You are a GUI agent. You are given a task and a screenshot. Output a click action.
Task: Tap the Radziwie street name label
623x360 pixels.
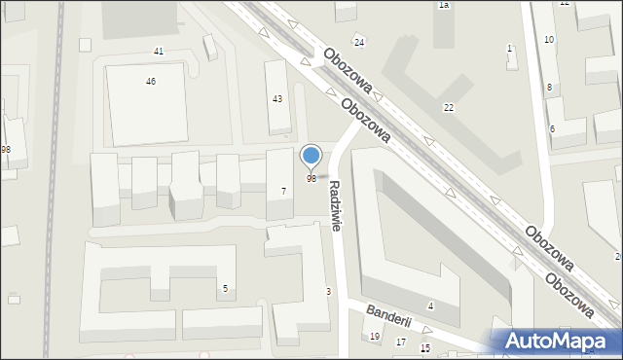click(336, 204)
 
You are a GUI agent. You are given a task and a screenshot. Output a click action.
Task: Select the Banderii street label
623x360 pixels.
click(389, 319)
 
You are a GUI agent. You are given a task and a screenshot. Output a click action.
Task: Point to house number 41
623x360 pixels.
click(159, 51)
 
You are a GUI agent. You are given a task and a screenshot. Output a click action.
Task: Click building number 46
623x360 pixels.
click(151, 82)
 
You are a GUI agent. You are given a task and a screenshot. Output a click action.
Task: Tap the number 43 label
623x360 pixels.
click(277, 99)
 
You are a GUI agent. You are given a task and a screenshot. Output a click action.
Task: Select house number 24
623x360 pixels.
click(359, 42)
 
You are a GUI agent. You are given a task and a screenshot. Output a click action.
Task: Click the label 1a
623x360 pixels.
click(443, 5)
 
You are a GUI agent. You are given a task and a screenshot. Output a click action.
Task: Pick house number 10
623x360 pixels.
click(549, 39)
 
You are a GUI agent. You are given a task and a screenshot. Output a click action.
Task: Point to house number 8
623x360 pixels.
click(549, 88)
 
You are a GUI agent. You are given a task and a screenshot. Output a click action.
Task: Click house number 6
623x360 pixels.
click(552, 129)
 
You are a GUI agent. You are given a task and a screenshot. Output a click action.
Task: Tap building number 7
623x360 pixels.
click(283, 191)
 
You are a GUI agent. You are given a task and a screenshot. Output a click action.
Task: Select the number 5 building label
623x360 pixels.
click(225, 288)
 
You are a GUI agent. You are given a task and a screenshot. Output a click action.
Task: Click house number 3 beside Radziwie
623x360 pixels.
click(328, 292)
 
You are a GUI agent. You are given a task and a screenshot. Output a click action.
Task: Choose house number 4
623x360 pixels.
click(430, 306)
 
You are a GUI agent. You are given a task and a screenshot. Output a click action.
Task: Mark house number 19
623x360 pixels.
click(375, 337)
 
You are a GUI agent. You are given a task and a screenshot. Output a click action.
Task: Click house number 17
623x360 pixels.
click(401, 342)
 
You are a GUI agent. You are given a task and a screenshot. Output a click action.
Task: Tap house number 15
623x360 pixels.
click(424, 348)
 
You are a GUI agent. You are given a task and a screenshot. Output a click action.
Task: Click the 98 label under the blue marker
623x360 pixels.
click(311, 179)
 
